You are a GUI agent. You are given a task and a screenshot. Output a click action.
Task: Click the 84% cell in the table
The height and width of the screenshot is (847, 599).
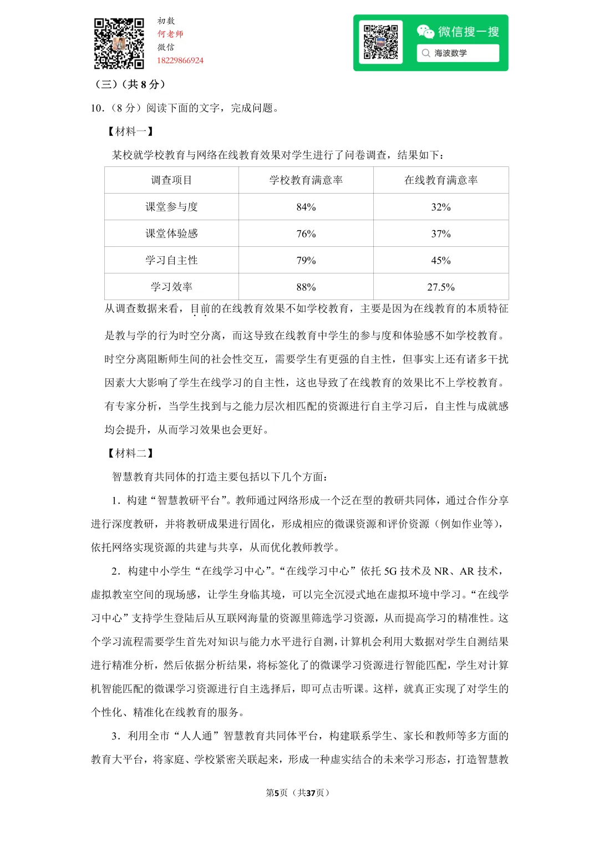[306, 207]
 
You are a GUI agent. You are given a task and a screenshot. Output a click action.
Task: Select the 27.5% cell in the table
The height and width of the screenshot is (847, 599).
[441, 287]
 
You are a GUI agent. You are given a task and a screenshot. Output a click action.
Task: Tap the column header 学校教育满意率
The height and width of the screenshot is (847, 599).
[306, 180]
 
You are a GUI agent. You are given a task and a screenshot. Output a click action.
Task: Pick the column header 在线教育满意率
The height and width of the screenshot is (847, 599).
[441, 180]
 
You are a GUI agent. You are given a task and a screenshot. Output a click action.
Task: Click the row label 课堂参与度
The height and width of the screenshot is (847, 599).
[171, 207]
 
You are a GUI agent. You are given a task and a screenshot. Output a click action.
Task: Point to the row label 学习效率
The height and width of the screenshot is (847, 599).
[171, 287]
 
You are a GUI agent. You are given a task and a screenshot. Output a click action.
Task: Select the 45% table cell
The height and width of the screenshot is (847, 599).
[441, 260]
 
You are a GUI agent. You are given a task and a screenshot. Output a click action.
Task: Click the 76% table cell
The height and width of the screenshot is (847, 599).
[306, 234]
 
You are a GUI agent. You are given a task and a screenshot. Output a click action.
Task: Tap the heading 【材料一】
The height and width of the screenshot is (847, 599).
[131, 131]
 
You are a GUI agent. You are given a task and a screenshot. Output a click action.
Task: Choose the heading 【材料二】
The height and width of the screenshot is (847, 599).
[131, 453]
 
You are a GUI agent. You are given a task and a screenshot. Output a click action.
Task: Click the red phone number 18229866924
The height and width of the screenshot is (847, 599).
[180, 60]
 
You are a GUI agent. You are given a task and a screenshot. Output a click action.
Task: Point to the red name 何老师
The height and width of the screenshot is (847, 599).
[170, 34]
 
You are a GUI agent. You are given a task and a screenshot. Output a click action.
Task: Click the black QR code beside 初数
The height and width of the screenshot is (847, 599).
[119, 43]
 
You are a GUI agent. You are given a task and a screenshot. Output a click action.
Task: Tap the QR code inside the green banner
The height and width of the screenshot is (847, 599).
[380, 42]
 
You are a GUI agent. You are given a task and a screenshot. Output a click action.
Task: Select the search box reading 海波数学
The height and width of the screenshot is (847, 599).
[458, 53]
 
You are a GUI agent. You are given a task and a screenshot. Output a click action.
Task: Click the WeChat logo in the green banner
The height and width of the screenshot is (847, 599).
[425, 32]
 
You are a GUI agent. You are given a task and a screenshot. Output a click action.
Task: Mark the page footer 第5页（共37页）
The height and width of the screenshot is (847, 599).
[298, 793]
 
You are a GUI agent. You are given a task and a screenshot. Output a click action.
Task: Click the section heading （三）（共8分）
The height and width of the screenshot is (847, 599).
[131, 84]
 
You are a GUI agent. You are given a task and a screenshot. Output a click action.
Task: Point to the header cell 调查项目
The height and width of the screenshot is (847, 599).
[171, 180]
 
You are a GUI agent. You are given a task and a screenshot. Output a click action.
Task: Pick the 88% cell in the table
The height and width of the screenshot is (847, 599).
[306, 287]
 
